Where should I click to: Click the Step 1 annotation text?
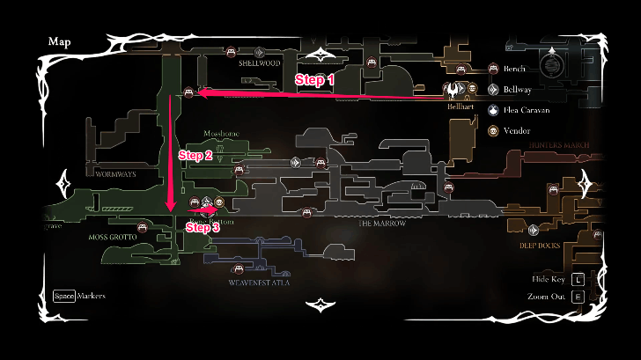point(314,79)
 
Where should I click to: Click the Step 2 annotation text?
point(195,155)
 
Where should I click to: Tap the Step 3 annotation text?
point(203,227)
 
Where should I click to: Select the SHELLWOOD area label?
point(260,63)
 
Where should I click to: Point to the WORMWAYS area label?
point(116,174)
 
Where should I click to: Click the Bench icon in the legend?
point(493,68)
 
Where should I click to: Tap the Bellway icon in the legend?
point(493,89)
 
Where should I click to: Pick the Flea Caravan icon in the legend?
point(493,110)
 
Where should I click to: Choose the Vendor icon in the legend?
point(493,131)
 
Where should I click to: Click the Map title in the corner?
point(59,41)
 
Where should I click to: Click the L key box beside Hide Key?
point(578,279)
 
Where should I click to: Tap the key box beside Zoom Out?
point(578,297)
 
